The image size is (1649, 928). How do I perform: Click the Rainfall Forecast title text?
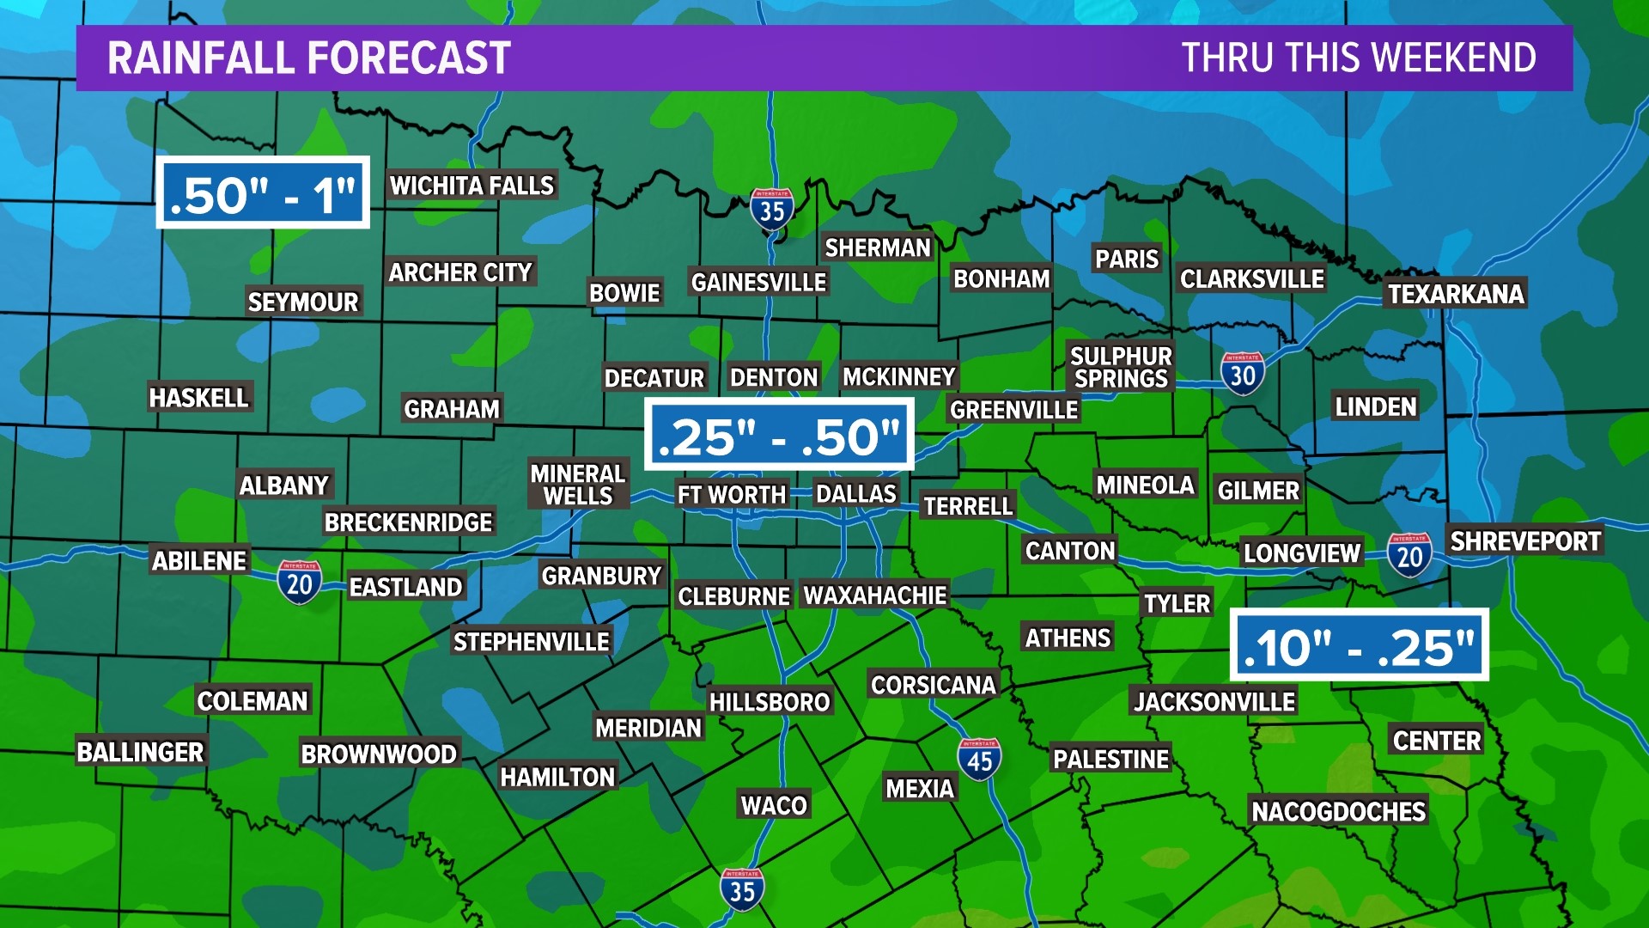[x=309, y=58]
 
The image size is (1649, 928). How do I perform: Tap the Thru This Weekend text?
[x=1359, y=58]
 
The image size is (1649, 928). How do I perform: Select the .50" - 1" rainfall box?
[x=263, y=192]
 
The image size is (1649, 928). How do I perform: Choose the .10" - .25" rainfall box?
[x=1360, y=645]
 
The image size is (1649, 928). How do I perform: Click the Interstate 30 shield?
[x=1242, y=373]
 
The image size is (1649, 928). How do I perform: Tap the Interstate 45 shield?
[x=979, y=759]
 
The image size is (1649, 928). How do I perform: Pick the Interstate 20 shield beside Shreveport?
[x=1409, y=554]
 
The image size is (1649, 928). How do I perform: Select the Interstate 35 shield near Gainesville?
[x=771, y=209]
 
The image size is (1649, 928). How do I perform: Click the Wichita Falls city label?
[x=472, y=185]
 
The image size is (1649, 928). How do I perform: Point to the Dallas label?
[x=855, y=494]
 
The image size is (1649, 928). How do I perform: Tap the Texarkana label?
[x=1456, y=294]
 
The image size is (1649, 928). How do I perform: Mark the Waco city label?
[x=774, y=805]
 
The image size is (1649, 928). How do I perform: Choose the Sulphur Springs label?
[x=1121, y=367]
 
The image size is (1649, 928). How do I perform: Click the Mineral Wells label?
[x=577, y=485]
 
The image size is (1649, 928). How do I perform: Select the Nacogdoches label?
[x=1338, y=811]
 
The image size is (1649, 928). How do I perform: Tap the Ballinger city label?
[x=140, y=752]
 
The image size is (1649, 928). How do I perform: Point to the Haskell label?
[x=198, y=397]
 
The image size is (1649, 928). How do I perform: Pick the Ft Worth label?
[x=731, y=495]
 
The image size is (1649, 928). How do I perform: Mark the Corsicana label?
[x=933, y=685]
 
